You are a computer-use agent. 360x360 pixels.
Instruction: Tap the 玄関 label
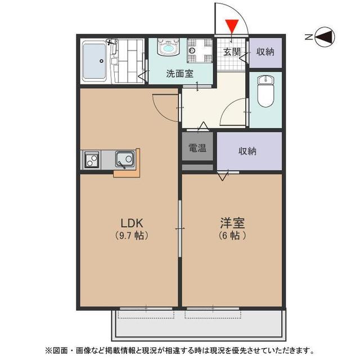coord(232,52)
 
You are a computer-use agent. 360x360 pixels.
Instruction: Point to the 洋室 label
coord(232,222)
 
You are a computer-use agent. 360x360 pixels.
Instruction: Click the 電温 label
coord(197,149)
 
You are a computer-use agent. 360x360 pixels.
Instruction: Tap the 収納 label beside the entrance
coord(265,52)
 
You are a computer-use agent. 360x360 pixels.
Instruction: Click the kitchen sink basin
coord(124,159)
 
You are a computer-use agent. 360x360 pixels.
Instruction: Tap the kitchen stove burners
coord(92,160)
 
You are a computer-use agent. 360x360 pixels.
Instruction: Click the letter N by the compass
coord(309,38)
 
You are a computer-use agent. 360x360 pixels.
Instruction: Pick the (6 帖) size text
coord(232,236)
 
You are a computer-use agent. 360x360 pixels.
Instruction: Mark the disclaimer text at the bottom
coord(180,350)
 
